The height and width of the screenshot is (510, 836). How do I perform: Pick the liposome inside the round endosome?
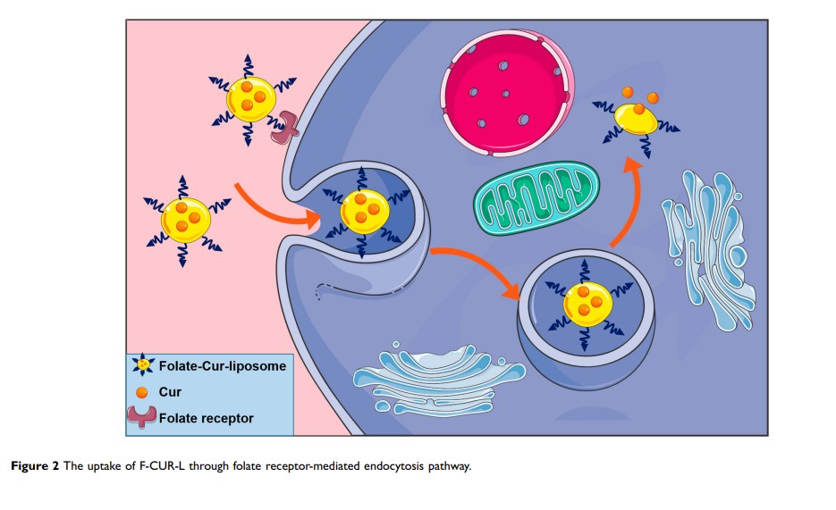pyautogui.click(x=584, y=304)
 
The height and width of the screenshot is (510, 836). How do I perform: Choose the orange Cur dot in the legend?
pyautogui.click(x=141, y=393)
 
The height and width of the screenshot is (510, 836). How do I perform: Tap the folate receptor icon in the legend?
pyautogui.click(x=141, y=416)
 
